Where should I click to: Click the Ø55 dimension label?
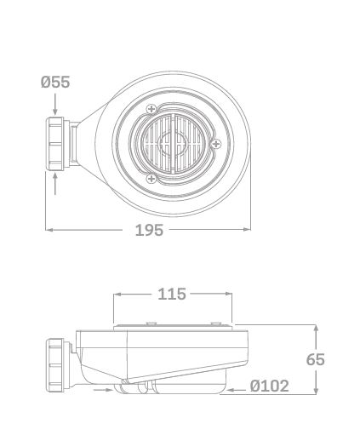pos(55,82)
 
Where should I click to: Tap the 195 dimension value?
pos(149,230)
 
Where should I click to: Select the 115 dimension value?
pos(172,294)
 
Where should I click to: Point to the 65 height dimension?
pos(316,359)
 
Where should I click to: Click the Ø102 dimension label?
pos(270,386)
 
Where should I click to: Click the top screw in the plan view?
pos(151,109)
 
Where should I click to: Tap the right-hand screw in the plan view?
pos(216,144)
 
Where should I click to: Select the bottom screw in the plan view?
pos(151,179)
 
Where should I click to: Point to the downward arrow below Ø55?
pos(55,105)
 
